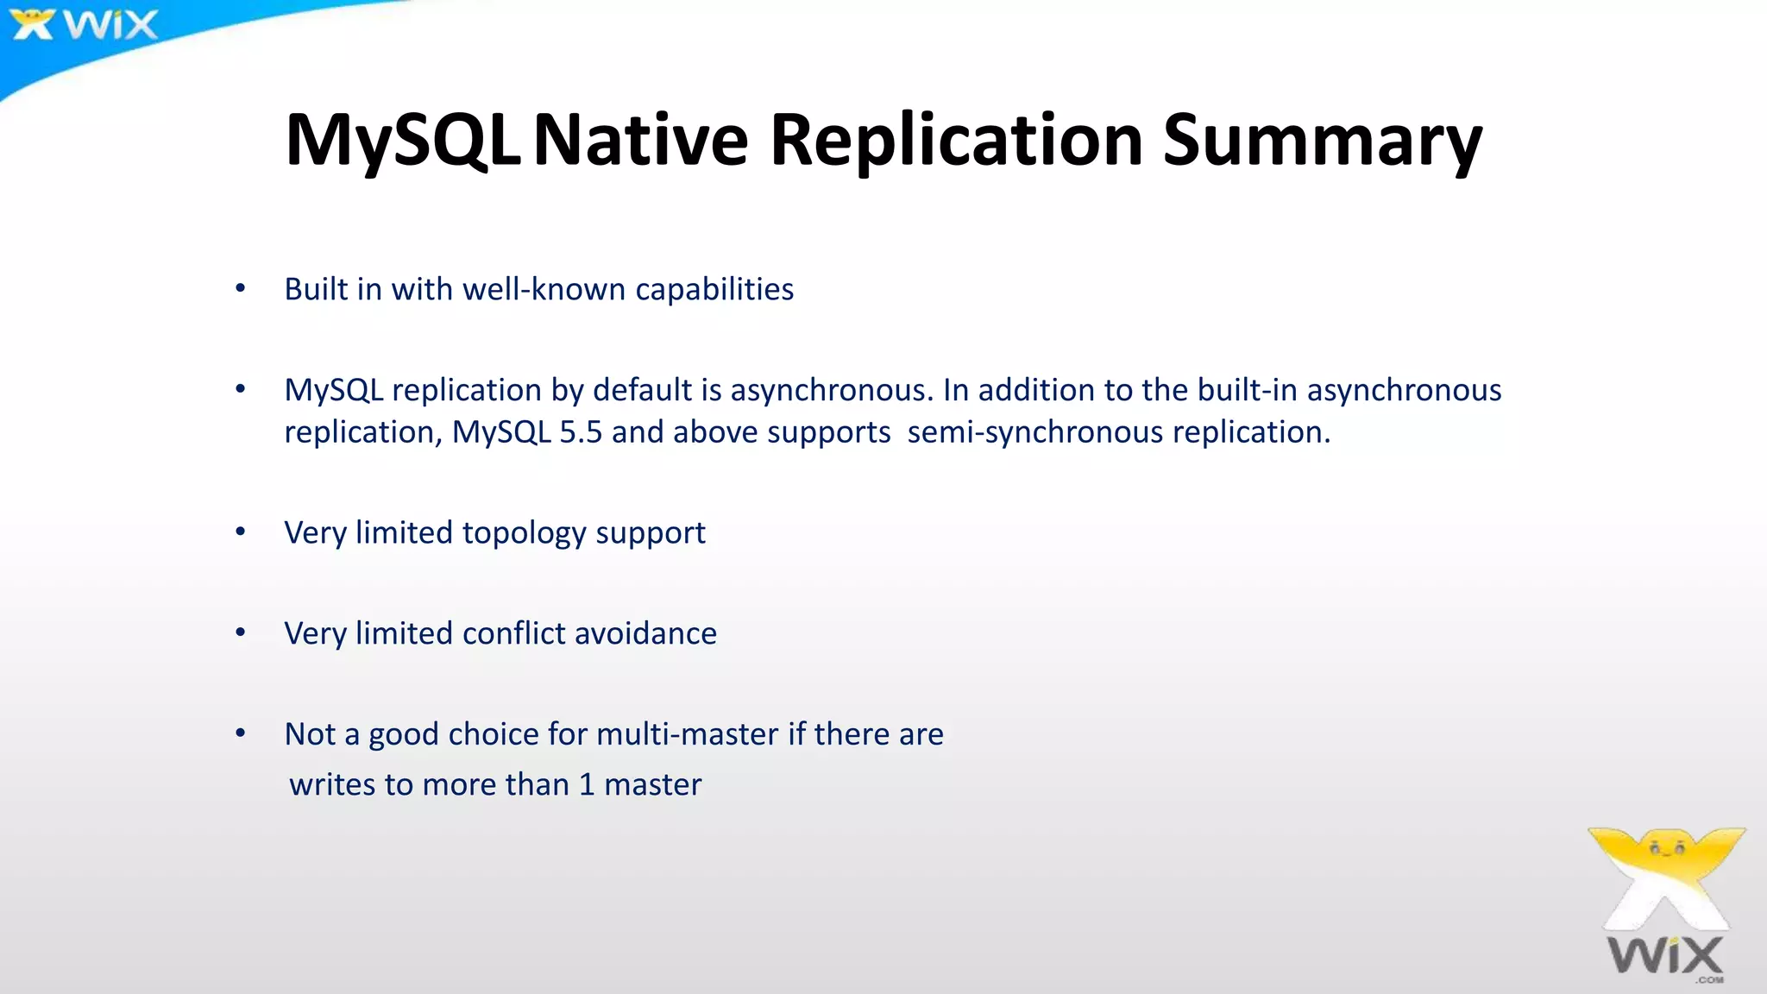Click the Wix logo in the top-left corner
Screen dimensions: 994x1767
pyautogui.click(x=83, y=24)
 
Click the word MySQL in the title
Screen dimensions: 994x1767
pyautogui.click(x=402, y=140)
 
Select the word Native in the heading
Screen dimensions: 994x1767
pyautogui.click(x=641, y=140)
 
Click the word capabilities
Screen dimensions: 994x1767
pyautogui.click(x=714, y=289)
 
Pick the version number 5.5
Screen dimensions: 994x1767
pyautogui.click(x=580, y=431)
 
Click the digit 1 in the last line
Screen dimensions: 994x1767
pyautogui.click(x=587, y=784)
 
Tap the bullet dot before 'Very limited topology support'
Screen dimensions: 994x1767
pyautogui.click(x=241, y=532)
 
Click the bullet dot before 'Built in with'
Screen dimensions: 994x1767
pyautogui.click(x=241, y=289)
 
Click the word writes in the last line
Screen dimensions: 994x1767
pyautogui.click(x=332, y=784)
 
